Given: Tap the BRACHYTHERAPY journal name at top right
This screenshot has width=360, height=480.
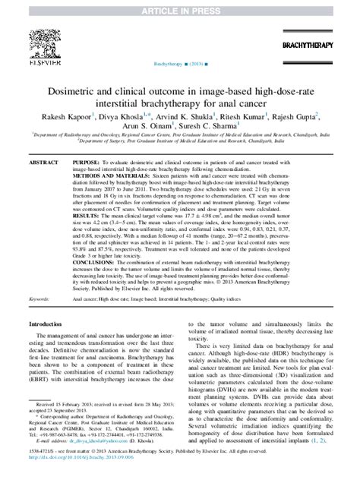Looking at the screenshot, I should point(321,46).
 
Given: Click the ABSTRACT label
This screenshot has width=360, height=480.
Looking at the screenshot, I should point(46,163).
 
